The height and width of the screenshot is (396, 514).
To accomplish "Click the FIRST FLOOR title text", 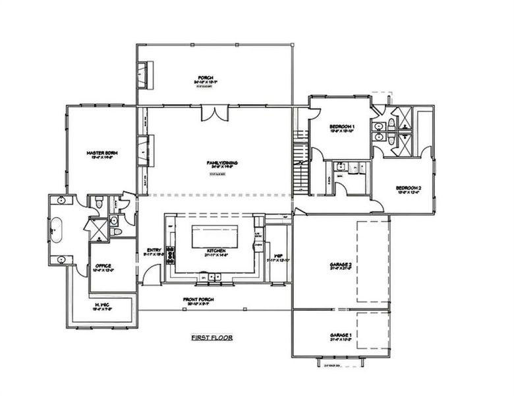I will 212,337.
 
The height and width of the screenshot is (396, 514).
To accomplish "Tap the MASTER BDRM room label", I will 101,155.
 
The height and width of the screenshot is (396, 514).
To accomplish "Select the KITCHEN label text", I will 217,251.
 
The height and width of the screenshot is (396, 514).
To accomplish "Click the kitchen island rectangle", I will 217,236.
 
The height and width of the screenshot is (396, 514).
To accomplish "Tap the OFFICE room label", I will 102,267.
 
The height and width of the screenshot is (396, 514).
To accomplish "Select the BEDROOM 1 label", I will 342,127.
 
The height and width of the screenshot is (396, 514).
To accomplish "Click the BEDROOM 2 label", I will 409,190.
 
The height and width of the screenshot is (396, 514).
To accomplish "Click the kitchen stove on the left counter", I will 171,253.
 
